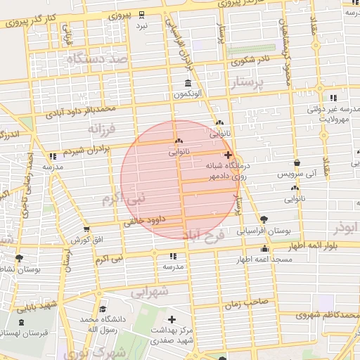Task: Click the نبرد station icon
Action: point(142,14)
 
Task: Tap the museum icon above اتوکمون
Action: point(187,83)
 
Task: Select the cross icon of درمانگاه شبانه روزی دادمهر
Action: point(227,155)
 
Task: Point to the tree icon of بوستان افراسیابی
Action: point(264,220)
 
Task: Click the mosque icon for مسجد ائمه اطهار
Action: point(264,248)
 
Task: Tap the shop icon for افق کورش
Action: point(86,229)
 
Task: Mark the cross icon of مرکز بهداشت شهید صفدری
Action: point(171,320)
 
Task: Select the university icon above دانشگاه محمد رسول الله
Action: point(103,309)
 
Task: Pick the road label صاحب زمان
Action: point(247,302)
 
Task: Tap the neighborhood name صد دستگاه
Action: point(98,60)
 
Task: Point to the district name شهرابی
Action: point(151,290)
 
